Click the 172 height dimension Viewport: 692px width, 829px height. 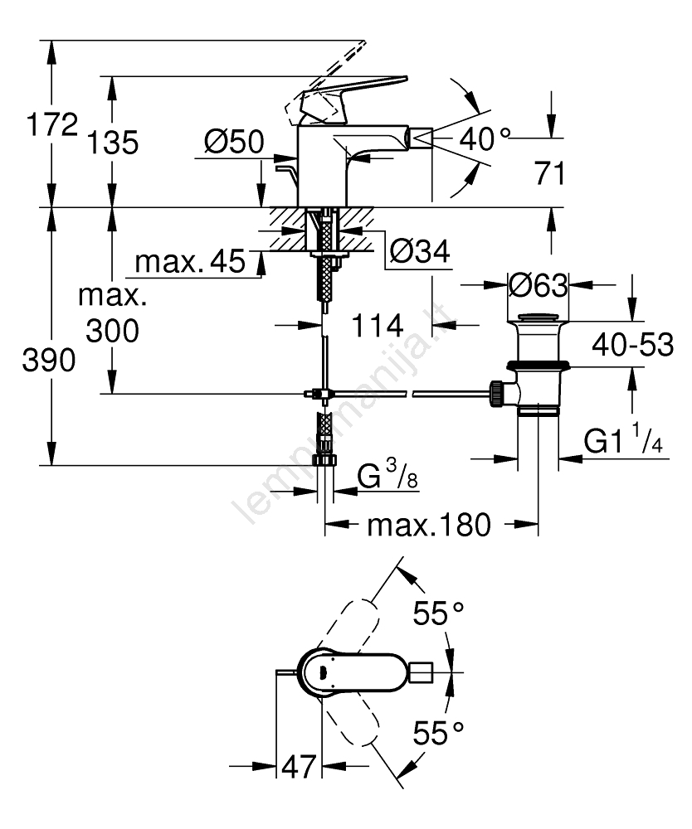(x=52, y=127)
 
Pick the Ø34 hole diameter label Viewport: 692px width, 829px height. (x=420, y=250)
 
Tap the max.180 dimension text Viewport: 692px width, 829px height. (x=430, y=525)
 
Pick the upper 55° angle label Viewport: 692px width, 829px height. (x=439, y=615)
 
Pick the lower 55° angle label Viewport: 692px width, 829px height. (x=439, y=733)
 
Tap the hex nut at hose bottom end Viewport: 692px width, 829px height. (x=325, y=460)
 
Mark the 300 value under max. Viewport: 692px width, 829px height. (x=111, y=331)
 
